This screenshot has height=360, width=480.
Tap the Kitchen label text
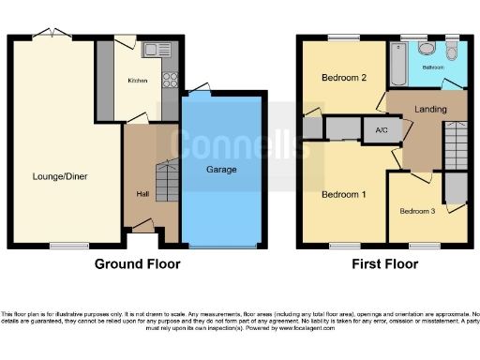(x=137, y=82)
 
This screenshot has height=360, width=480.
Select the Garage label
(x=221, y=170)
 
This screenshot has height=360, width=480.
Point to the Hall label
(x=142, y=195)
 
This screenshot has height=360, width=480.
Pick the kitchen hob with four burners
(x=170, y=81)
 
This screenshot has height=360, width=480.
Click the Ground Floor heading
(x=137, y=264)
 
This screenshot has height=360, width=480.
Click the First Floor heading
(x=384, y=264)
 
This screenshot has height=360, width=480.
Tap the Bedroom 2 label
(x=343, y=77)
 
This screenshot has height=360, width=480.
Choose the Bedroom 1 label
(x=343, y=195)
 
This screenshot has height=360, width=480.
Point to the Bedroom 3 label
(x=417, y=211)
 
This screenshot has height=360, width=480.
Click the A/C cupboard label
(x=382, y=129)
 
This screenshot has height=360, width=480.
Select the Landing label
(x=431, y=110)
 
